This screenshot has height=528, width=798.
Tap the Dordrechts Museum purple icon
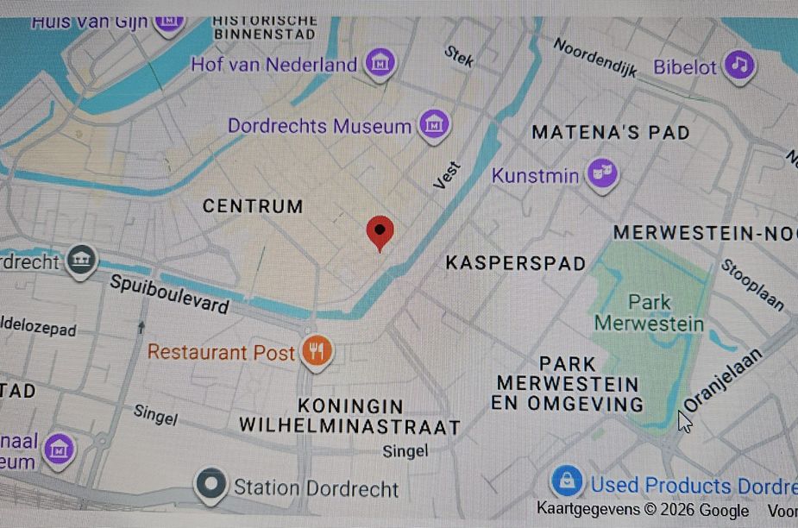pyautogui.click(x=435, y=125)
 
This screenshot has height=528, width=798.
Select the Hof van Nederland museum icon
pyautogui.click(x=380, y=63)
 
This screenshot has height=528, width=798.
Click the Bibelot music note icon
pyautogui.click(x=738, y=65)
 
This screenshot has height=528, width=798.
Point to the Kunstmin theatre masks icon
pyautogui.click(x=602, y=175)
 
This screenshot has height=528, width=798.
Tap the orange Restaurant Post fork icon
pyautogui.click(x=317, y=352)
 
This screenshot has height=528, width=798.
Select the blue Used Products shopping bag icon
pyautogui.click(x=567, y=482)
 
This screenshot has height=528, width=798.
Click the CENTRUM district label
pyautogui.click(x=253, y=206)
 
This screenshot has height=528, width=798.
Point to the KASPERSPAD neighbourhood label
pyautogui.click(x=515, y=263)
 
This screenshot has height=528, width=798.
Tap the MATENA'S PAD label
pyautogui.click(x=610, y=132)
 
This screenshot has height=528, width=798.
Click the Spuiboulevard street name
pyautogui.click(x=169, y=294)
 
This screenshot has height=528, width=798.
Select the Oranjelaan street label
pyautogui.click(x=722, y=380)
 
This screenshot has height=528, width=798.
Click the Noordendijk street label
pyautogui.click(x=594, y=57)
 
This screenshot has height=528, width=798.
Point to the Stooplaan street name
pyautogui.click(x=751, y=284)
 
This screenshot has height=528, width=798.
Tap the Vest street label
pyautogui.click(x=447, y=176)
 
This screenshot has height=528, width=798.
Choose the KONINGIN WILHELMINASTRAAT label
pyautogui.click(x=350, y=416)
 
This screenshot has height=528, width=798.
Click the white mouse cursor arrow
pyautogui.click(x=684, y=420)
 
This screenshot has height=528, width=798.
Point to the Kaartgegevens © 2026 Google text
pyautogui.click(x=643, y=510)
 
